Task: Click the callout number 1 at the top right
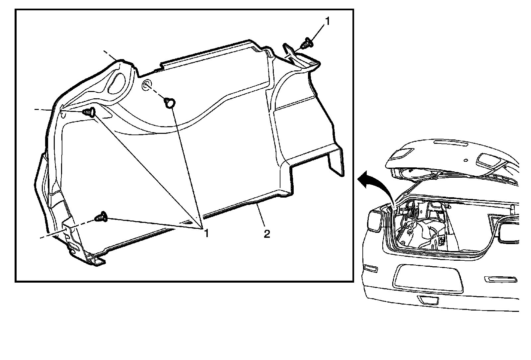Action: pos(328,22)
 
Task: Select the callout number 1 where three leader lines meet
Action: pos(206,233)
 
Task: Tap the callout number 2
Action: pos(267,234)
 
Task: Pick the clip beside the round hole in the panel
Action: pos(170,102)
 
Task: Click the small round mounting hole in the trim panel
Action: pos(146,85)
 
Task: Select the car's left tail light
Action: pos(376,221)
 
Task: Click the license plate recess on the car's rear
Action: pos(428,278)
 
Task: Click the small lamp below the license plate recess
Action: pos(428,300)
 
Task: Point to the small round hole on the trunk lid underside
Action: pos(466,161)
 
